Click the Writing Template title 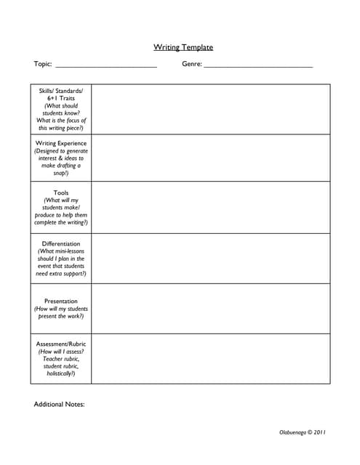tap(183, 47)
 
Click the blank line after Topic tap(106, 65)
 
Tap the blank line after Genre tap(258, 65)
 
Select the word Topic tap(42, 64)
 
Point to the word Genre tap(191, 64)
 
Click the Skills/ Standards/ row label tap(61, 91)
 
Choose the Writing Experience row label tap(61, 143)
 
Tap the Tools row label tap(61, 193)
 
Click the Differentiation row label tap(61, 243)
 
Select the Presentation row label tap(61, 301)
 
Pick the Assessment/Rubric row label tap(61, 344)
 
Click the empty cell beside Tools tap(210, 207)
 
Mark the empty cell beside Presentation tap(210, 308)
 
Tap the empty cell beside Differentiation tap(210, 258)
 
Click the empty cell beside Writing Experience tap(210, 158)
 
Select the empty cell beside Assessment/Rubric tap(210, 358)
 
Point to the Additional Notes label tap(60, 404)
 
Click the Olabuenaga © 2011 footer tap(303, 432)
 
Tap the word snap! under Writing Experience tap(61, 173)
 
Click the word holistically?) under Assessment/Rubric tap(61, 373)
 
